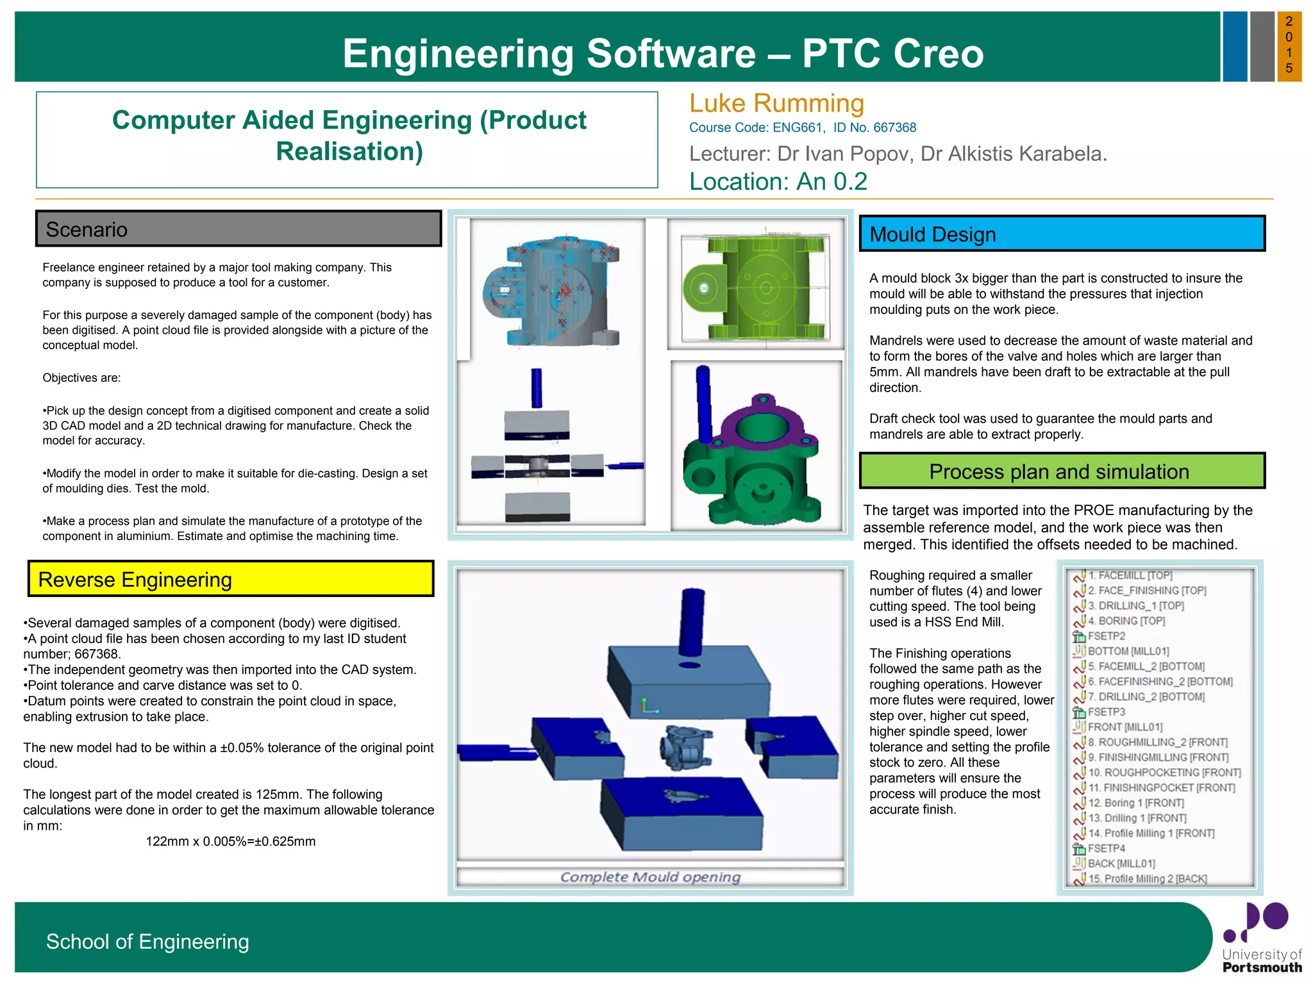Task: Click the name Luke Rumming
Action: click(776, 104)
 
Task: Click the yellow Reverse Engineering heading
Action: click(231, 579)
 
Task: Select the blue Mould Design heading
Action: click(1062, 234)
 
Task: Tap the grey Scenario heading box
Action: click(238, 229)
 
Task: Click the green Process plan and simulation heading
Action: click(1062, 471)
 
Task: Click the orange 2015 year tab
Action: click(1289, 45)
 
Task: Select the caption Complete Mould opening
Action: click(650, 877)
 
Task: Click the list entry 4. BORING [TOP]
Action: click(1126, 621)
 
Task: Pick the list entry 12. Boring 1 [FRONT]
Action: click(1135, 803)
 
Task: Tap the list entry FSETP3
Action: click(1107, 712)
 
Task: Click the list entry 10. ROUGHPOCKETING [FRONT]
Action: click(1164, 773)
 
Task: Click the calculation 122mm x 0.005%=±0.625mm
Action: click(231, 841)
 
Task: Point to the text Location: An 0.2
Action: click(778, 182)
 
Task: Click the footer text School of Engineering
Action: click(147, 941)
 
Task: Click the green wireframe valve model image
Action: click(757, 285)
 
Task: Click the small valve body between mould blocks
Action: click(685, 746)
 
